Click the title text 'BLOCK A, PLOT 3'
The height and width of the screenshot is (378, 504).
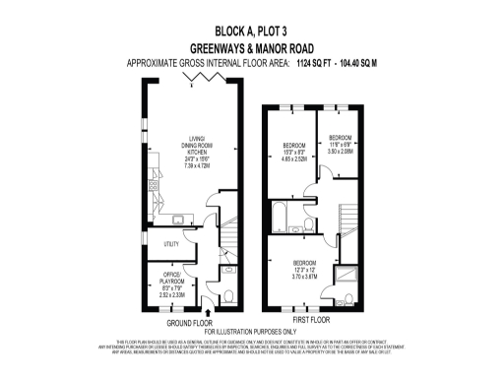tap(252, 31)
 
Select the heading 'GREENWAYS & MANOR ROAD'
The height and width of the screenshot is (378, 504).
tap(252, 46)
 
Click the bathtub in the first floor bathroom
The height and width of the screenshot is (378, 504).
tap(279, 215)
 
